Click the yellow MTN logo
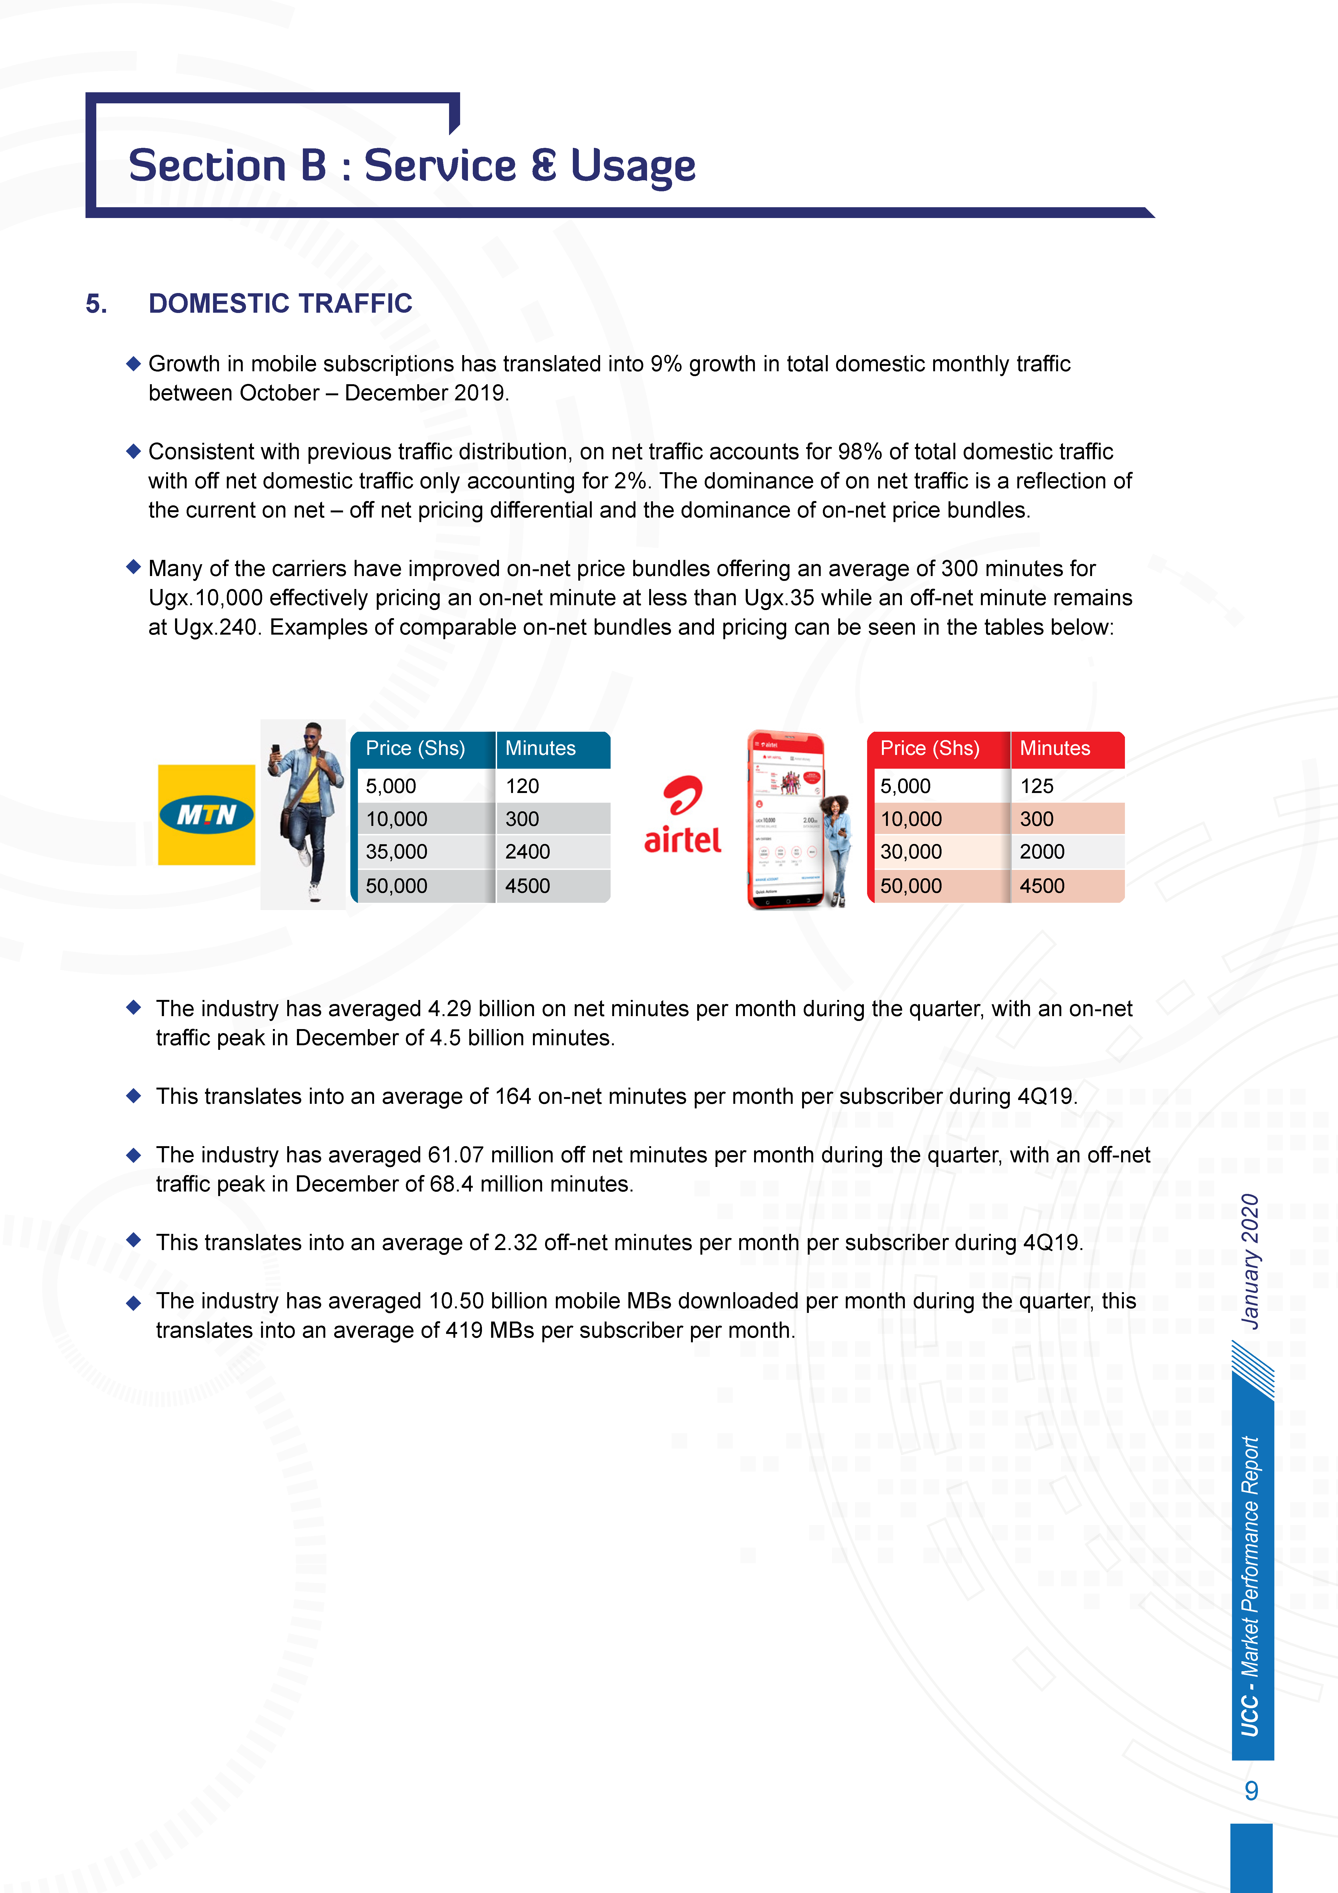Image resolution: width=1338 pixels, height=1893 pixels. (x=206, y=815)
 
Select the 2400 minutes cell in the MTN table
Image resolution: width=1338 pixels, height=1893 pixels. (x=528, y=852)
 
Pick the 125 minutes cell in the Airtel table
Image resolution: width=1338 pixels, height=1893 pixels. (x=1037, y=786)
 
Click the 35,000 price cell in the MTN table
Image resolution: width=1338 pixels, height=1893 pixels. (x=396, y=852)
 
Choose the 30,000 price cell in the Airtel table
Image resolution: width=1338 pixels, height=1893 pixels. (x=911, y=852)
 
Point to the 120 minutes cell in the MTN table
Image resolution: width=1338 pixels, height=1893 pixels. (x=523, y=786)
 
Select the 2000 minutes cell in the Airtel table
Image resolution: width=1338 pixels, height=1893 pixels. (x=1042, y=852)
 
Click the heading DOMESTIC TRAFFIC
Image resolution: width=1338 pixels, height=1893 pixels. (x=280, y=304)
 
